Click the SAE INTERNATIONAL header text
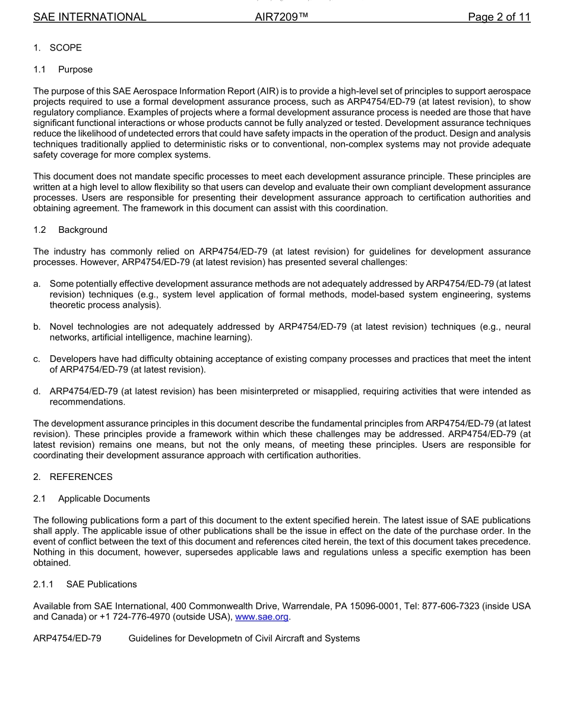[90, 17]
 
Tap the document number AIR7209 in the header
[281, 17]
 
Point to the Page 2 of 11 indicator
[499, 17]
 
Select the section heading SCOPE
[65, 48]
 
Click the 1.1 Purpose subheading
[75, 69]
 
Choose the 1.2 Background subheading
[83, 230]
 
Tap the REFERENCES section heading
[81, 476]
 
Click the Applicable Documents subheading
[104, 498]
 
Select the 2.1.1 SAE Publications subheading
[101, 584]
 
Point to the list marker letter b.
[37, 327]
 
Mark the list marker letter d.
[37, 391]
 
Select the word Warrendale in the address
[303, 606]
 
